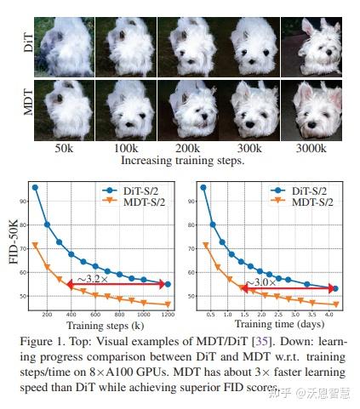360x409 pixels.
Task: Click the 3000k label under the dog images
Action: coord(311,148)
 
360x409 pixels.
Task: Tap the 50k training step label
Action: coord(64,148)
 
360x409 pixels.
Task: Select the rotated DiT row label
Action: coord(28,43)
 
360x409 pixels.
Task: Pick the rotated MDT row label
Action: coord(28,102)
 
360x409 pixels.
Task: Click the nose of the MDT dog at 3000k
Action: coord(311,125)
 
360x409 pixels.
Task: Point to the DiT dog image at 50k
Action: coord(64,47)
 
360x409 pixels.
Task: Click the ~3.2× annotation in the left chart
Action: coord(93,279)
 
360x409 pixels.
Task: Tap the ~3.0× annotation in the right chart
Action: coord(260,282)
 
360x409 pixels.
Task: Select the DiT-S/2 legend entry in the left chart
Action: coord(130,190)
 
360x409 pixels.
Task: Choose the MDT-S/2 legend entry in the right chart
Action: coord(301,202)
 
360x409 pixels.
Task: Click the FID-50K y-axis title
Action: coord(14,241)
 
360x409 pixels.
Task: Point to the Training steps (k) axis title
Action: coord(105,326)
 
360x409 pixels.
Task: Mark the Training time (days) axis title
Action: coord(279,324)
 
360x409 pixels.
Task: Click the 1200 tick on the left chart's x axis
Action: coord(168,315)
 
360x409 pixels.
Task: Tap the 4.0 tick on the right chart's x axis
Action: coord(329,315)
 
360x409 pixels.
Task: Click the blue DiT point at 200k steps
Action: coord(47,224)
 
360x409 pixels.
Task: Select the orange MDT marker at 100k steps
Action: coord(35,245)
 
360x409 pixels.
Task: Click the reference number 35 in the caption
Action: coord(262,341)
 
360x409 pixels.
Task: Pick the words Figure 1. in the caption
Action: coord(43,341)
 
